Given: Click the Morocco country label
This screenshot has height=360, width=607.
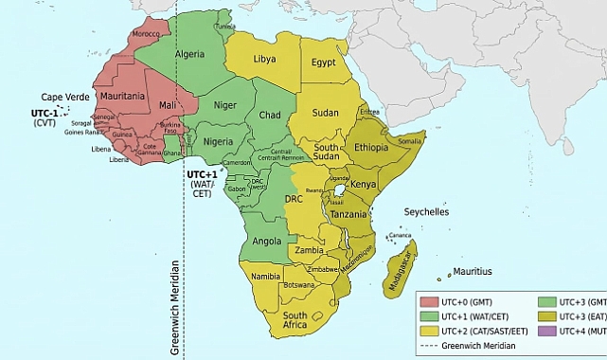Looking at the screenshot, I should click(146, 34).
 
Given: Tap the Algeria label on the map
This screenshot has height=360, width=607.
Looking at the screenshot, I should click(189, 54).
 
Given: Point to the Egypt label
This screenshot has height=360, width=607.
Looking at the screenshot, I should click(324, 63).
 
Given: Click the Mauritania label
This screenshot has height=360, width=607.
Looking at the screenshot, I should click(124, 97).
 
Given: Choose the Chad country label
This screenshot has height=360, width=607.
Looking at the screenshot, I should click(271, 115).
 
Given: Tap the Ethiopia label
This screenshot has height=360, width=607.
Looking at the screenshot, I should click(372, 148).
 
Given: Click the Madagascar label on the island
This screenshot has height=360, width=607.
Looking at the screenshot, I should click(403, 261).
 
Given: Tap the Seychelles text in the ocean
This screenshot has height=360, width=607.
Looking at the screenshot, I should click(427, 212).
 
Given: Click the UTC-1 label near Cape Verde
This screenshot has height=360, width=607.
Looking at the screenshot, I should click(44, 113).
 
